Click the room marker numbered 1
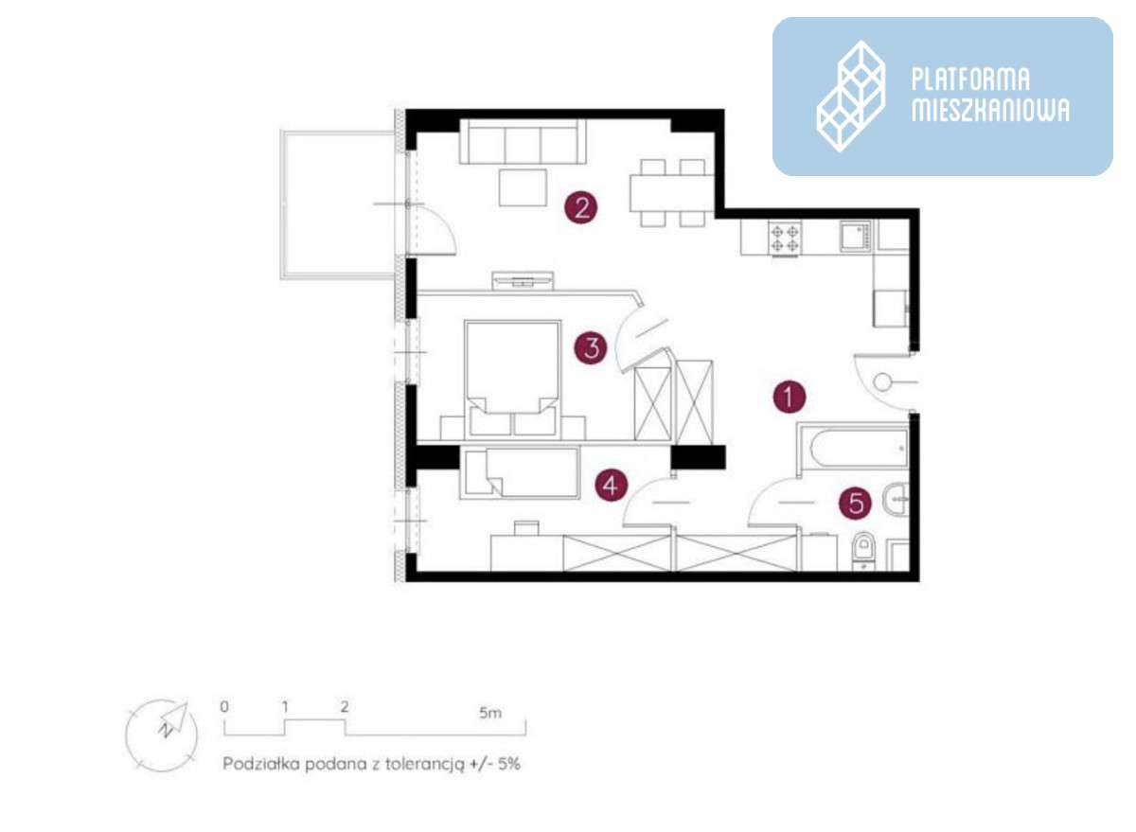click(x=790, y=396)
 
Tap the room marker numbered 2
click(x=581, y=207)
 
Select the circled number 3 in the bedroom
click(x=591, y=348)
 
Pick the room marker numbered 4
click(x=612, y=485)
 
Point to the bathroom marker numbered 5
click(x=856, y=504)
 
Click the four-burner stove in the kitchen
click(x=785, y=239)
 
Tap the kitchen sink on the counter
click(x=855, y=236)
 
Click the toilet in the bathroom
click(x=863, y=551)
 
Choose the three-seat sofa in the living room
click(x=523, y=141)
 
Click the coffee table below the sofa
click(x=523, y=187)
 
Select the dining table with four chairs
click(x=672, y=193)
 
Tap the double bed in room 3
click(x=513, y=379)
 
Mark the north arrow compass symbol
click(x=162, y=735)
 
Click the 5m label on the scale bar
click(x=490, y=713)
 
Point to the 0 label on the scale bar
click(x=224, y=706)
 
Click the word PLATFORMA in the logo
click(x=970, y=80)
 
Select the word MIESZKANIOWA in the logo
click(x=990, y=110)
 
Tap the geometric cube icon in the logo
click(x=850, y=97)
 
